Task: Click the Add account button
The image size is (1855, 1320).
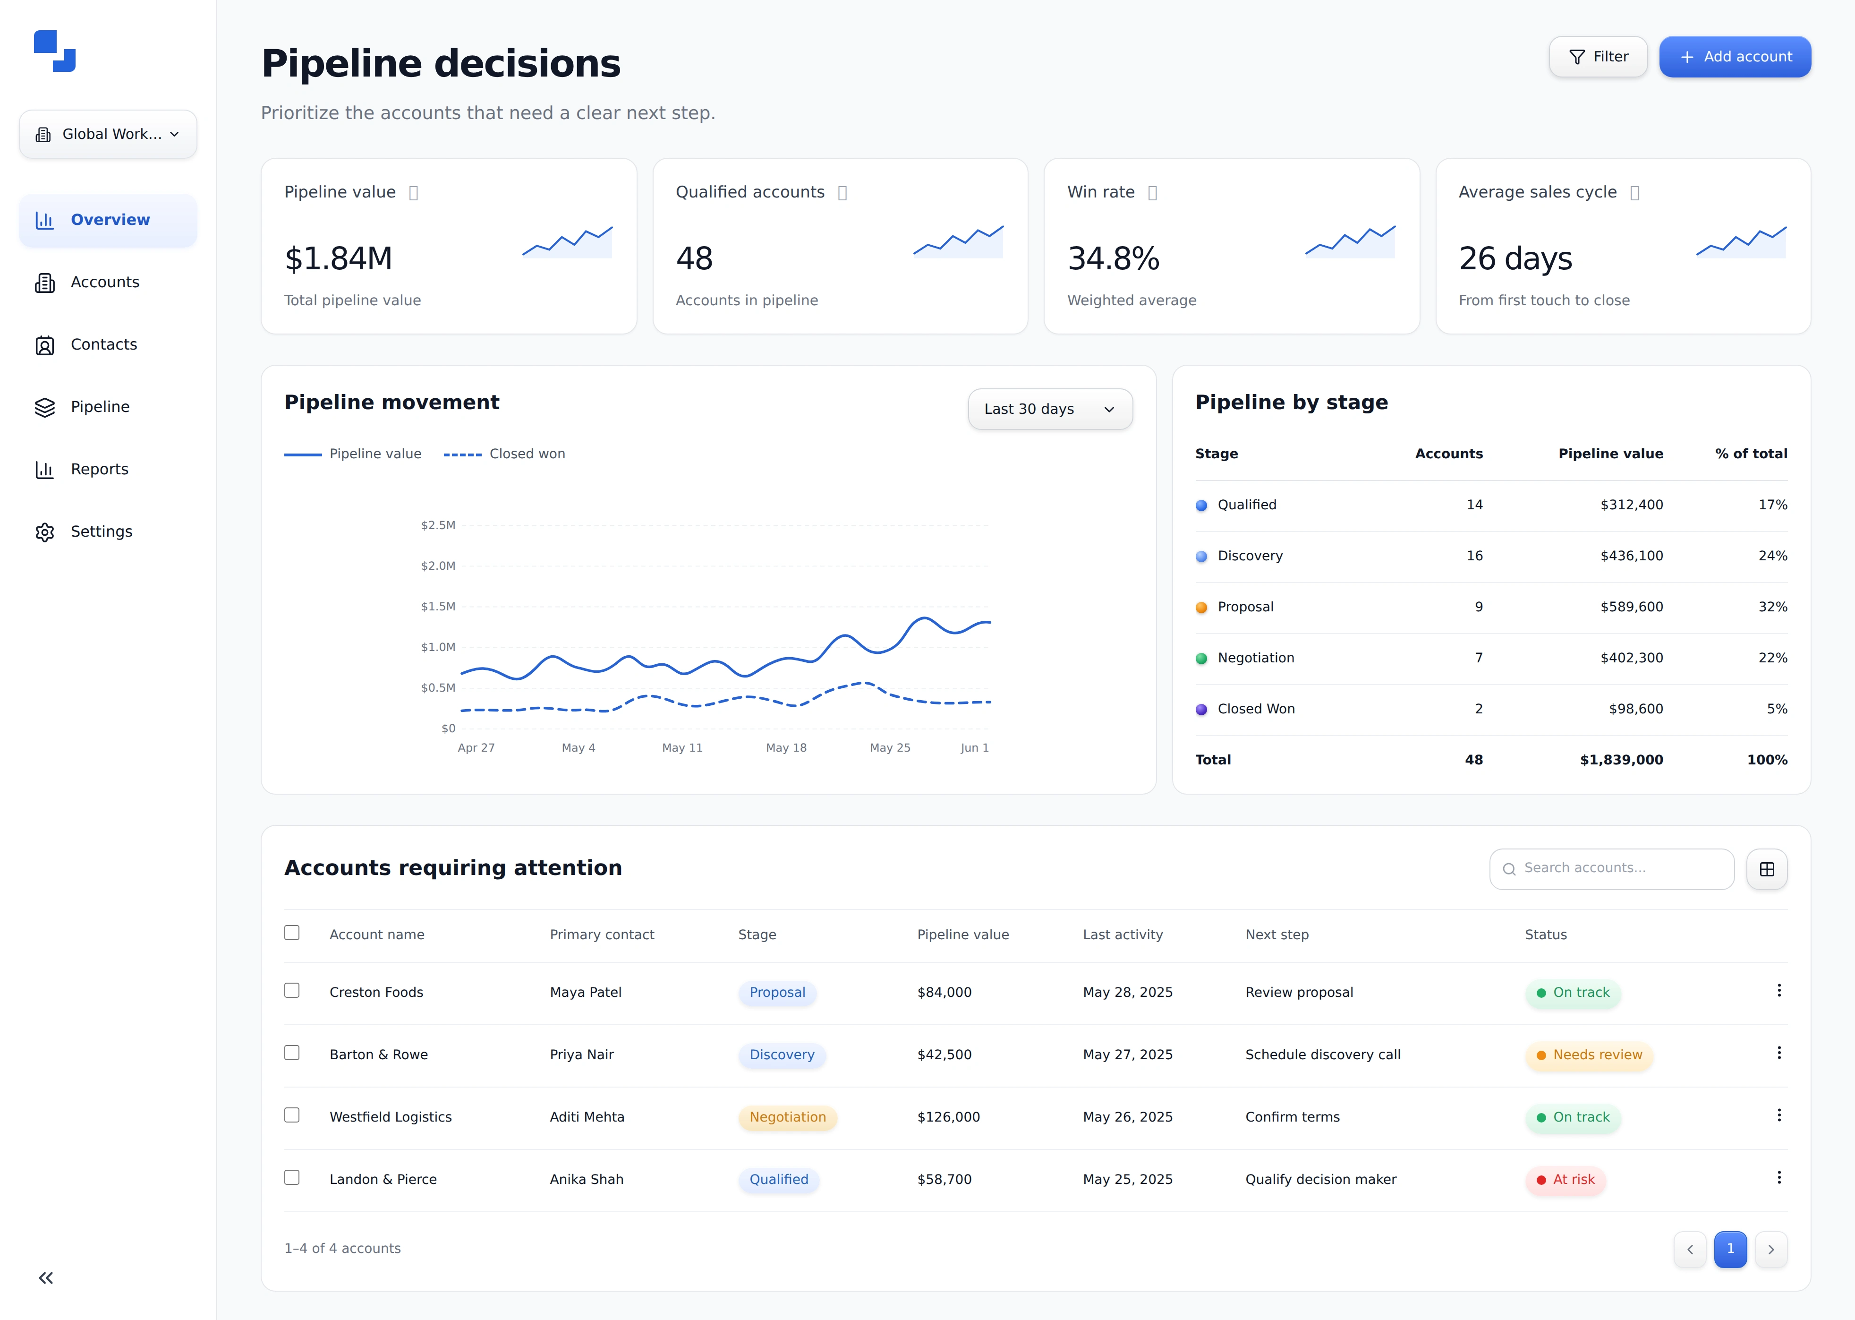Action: point(1734,57)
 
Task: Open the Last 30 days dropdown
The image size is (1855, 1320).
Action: point(1050,409)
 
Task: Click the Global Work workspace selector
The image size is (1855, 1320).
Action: point(108,134)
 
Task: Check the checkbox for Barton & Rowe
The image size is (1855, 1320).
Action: point(292,1053)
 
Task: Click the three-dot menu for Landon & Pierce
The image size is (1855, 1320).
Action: point(1778,1178)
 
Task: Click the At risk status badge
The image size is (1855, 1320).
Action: point(1565,1179)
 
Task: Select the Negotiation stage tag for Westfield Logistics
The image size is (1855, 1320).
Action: point(787,1117)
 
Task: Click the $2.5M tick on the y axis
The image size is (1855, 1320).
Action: point(438,525)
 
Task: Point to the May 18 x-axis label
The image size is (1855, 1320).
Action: point(786,748)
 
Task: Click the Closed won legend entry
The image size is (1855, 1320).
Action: point(504,454)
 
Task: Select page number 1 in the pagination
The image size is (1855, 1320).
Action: point(1730,1249)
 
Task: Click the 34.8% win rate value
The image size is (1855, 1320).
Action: point(1113,258)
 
